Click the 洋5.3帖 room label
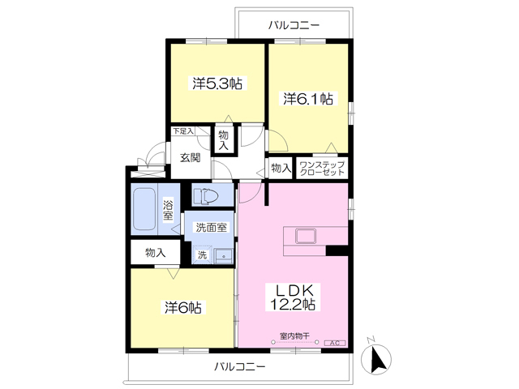[217, 83]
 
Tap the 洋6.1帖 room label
[308, 98]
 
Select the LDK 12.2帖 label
[293, 297]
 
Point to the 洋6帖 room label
[183, 308]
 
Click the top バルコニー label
[294, 25]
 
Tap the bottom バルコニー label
[240, 366]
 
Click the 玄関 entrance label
[191, 157]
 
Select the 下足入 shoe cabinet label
[183, 130]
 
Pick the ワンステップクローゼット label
[322, 169]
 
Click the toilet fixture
[206, 196]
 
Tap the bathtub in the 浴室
[144, 209]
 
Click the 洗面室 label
[211, 228]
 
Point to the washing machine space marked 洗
[202, 254]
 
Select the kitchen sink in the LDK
[306, 236]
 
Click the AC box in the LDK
[335, 343]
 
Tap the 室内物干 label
[294, 336]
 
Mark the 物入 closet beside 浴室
[156, 253]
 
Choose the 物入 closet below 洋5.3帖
[224, 140]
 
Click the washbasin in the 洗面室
[224, 256]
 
